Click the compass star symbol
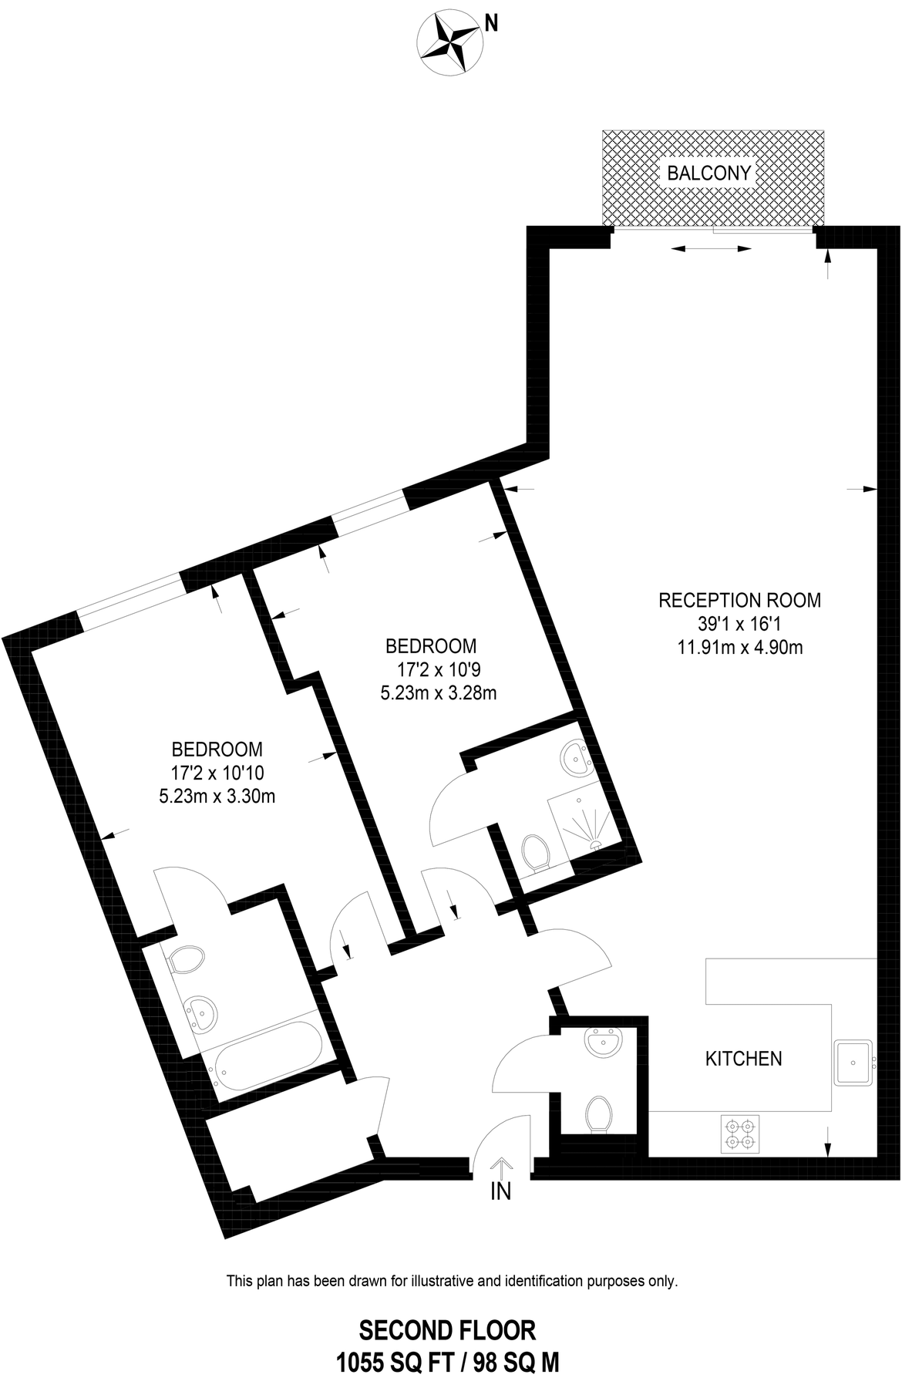click(x=448, y=44)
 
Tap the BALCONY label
click(x=708, y=173)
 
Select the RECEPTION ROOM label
click(x=740, y=600)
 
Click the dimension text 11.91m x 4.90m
click(x=740, y=648)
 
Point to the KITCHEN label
click(x=744, y=1059)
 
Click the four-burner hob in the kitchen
click(x=739, y=1134)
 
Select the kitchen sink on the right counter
click(x=853, y=1062)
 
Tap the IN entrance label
click(x=501, y=1192)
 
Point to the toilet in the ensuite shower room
click(x=534, y=853)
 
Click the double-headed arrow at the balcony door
click(x=711, y=248)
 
